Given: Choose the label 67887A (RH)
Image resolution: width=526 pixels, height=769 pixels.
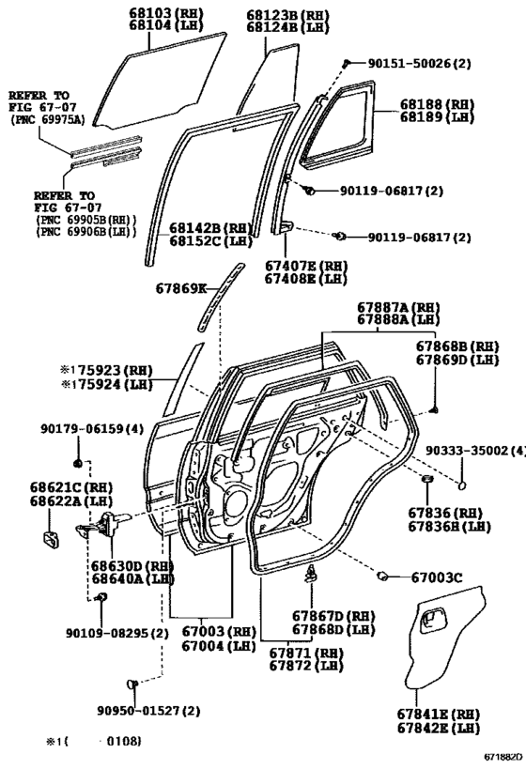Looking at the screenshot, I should click(x=398, y=307).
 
